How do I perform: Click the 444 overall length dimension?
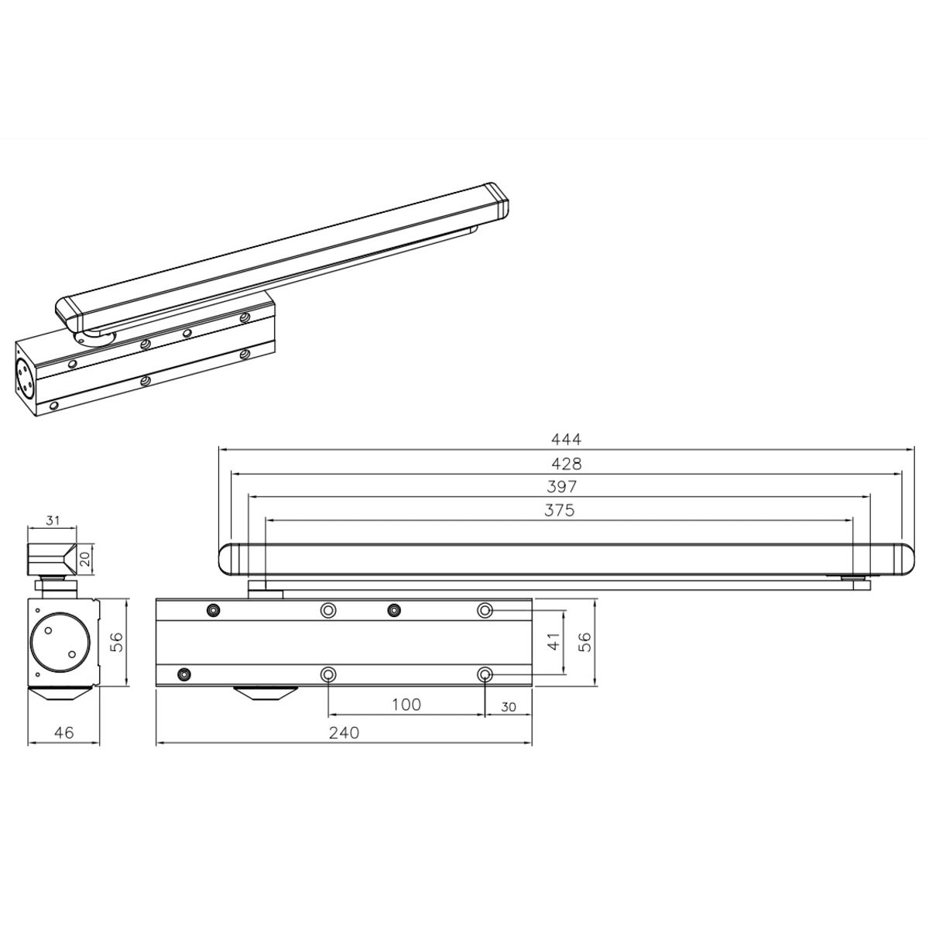tap(566, 439)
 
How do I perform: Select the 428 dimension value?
tap(566, 464)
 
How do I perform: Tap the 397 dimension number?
tap(561, 487)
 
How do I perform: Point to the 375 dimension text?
tap(559, 510)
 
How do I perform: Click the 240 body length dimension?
tap(345, 733)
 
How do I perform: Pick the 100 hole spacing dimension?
tap(406, 704)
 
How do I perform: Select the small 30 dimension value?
tap(509, 707)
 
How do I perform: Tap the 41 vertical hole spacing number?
tap(554, 642)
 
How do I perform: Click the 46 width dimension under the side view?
tap(64, 733)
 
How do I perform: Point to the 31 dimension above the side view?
tap(53, 520)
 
